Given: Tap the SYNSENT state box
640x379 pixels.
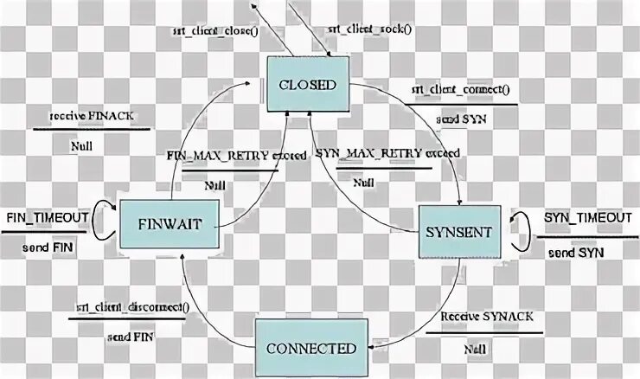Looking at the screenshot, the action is point(459,232).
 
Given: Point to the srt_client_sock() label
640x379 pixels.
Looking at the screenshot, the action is point(369,29).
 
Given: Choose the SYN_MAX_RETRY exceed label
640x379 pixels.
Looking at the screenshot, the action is point(387,153).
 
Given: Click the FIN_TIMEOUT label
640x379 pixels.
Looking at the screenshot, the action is point(47,216).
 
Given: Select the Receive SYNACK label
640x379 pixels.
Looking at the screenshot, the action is point(479,318).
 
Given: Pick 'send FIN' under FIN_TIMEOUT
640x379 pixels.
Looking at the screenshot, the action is point(48,248).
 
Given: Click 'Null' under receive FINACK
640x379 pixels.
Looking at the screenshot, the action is point(82,145).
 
